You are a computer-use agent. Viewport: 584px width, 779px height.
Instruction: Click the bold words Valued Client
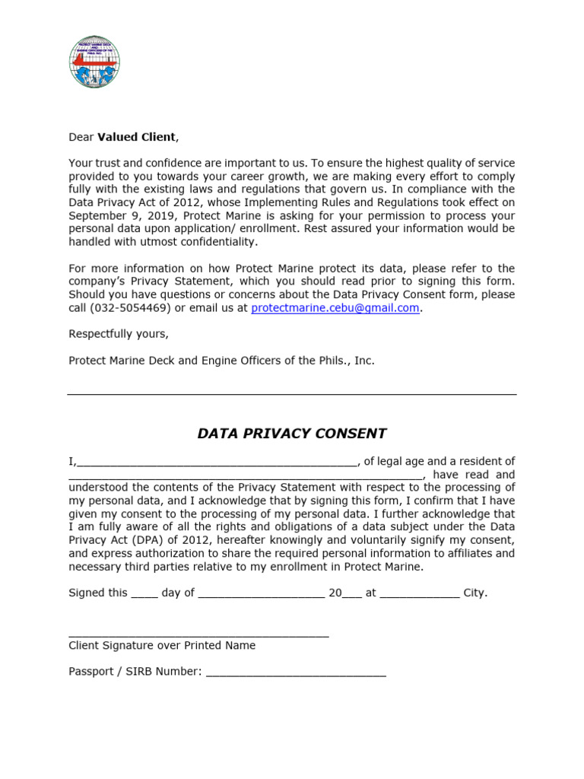(x=136, y=137)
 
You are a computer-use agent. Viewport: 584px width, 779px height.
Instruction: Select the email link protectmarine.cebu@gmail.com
(x=335, y=307)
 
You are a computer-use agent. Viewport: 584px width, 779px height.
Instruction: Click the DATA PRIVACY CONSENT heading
(x=292, y=434)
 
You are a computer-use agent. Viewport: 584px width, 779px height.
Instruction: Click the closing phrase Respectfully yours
(x=119, y=334)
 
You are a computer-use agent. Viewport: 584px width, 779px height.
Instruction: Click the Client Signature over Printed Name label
(x=162, y=645)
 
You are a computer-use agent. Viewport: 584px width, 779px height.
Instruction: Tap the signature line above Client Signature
(x=198, y=634)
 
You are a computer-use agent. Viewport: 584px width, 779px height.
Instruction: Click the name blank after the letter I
(x=216, y=463)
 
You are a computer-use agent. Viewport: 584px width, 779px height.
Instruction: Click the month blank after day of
(x=262, y=593)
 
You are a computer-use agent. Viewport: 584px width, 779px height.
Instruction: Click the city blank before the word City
(x=419, y=593)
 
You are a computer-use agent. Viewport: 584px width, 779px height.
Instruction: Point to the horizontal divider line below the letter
(x=292, y=394)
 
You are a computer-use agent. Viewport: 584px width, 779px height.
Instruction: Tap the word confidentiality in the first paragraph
(x=210, y=242)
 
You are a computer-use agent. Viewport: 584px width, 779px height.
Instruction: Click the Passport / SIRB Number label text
(x=135, y=671)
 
